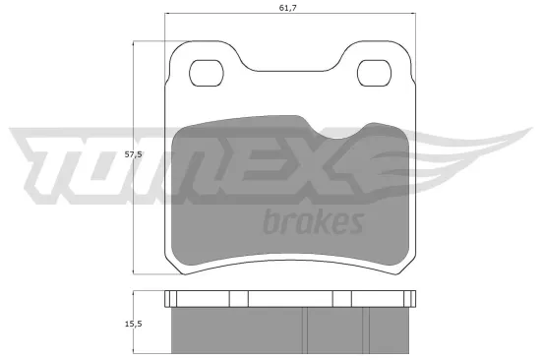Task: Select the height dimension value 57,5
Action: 145,154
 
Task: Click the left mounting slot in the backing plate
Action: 206,72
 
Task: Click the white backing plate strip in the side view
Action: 290,299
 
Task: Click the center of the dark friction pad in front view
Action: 290,192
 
